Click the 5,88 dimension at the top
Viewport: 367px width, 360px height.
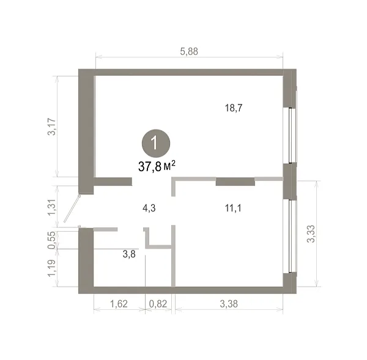189,51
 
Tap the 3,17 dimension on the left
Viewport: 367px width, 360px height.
52,127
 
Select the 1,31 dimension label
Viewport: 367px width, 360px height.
52,207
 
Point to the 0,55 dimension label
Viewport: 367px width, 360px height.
52,240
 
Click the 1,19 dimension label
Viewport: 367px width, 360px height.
52,268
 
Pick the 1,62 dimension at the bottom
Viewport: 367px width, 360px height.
119,304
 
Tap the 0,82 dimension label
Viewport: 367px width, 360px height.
158,304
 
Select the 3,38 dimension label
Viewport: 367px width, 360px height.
229,304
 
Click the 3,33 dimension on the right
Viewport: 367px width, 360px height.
311,233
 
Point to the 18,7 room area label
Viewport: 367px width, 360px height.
234,108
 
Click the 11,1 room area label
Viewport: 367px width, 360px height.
233,208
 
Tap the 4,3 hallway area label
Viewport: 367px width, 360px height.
149,208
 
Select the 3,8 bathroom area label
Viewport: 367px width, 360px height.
129,254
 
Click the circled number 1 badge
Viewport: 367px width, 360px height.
156,143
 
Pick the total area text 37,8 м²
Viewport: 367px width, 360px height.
157,166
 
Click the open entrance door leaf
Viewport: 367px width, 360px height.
72,208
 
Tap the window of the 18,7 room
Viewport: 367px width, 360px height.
291,136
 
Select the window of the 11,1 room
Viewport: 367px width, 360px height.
291,237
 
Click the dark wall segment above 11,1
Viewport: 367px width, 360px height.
235,182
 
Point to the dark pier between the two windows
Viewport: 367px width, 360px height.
290,182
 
